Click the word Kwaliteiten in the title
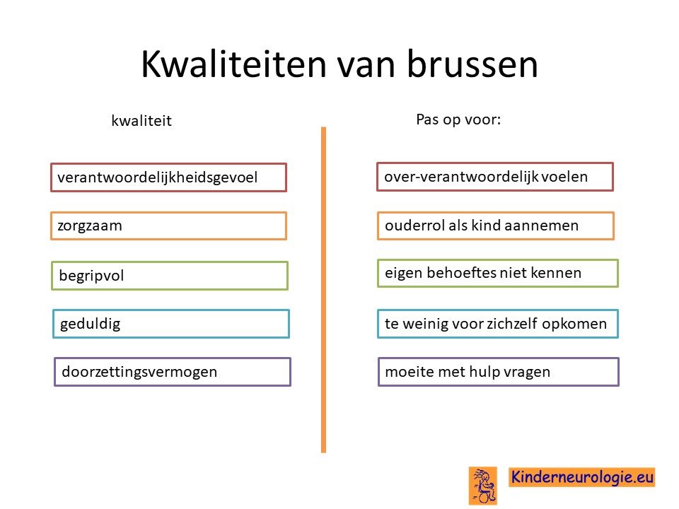click(x=234, y=64)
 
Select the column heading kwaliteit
click(x=141, y=120)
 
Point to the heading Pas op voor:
click(x=458, y=119)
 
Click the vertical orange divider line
click(x=323, y=290)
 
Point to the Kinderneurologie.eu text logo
click(x=581, y=477)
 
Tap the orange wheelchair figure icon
click(x=483, y=486)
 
